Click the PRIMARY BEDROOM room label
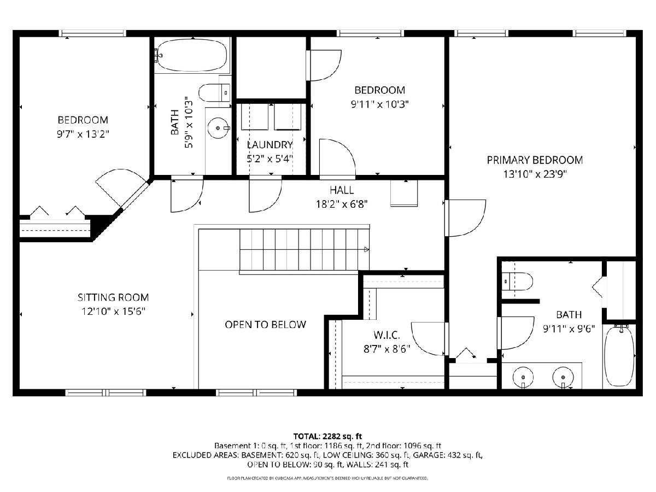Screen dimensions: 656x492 tap(535, 160)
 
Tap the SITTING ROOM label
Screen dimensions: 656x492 tap(113, 297)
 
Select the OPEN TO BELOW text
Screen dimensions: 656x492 tap(265, 325)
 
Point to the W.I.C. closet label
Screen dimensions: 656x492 tap(386, 335)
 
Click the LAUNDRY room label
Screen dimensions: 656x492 tap(270, 145)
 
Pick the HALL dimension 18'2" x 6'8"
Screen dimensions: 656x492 tap(342, 204)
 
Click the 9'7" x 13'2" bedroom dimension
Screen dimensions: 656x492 tap(83, 134)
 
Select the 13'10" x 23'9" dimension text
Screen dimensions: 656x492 tap(535, 174)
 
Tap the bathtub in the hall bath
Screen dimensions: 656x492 tap(192, 56)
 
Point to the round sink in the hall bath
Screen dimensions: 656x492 tap(218, 128)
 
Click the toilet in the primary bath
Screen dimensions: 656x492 tap(517, 282)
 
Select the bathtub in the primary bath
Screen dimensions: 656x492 tap(619, 358)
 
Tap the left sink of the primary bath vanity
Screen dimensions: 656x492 tap(523, 378)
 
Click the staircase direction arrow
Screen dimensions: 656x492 tap(366, 249)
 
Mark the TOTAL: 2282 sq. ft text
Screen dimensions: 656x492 tap(327, 436)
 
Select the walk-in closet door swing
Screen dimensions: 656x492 tap(428, 339)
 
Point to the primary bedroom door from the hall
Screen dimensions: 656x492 tap(465, 218)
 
